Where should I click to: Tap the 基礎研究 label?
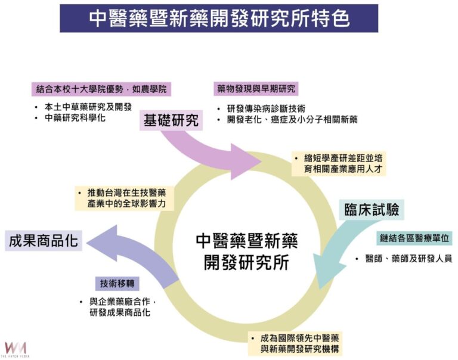coord(171,120)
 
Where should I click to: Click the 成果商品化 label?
coord(43,241)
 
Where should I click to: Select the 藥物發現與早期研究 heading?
coord(256,89)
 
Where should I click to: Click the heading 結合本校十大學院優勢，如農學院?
coord(101,89)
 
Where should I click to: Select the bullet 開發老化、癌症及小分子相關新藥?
coord(292,119)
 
